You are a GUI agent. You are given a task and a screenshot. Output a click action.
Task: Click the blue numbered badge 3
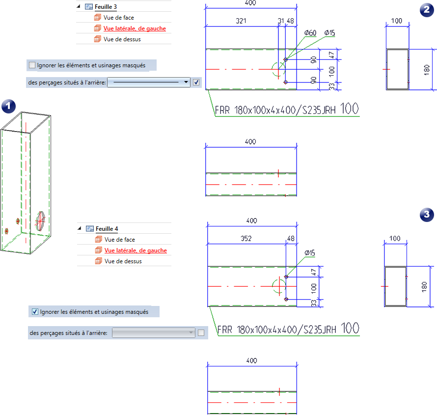428,215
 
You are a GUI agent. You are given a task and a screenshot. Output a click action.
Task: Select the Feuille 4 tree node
106,229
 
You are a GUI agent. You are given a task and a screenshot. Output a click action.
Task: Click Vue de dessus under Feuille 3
122,39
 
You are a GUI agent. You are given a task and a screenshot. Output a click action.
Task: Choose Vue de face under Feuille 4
119,240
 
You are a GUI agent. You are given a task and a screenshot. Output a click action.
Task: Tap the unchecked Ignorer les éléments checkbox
32,65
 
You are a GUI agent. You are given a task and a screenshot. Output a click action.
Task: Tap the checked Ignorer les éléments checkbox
35,311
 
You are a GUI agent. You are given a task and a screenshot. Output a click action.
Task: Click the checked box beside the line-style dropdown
196,83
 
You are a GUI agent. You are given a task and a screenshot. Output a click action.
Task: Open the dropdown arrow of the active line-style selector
186,83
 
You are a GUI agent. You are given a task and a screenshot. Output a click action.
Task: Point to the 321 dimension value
241,21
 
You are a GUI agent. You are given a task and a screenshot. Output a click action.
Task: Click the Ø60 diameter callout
310,33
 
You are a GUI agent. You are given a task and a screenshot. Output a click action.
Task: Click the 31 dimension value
281,21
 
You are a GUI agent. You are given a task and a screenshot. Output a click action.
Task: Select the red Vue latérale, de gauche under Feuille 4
135,250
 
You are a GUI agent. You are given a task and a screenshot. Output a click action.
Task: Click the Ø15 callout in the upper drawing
329,33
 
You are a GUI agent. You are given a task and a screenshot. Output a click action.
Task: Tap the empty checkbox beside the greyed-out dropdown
201,333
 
